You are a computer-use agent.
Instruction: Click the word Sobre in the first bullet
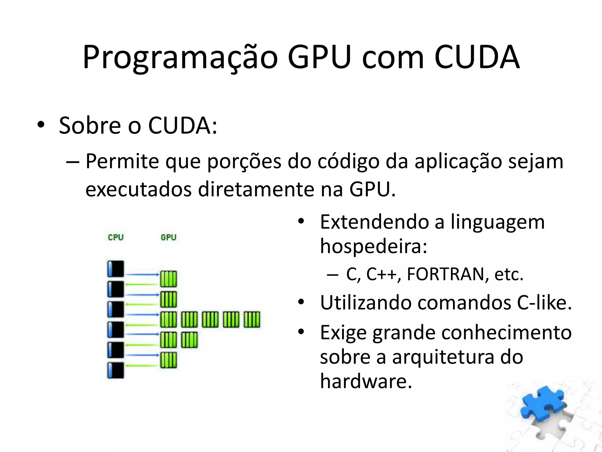(x=90, y=126)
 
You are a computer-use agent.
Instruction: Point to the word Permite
(x=122, y=162)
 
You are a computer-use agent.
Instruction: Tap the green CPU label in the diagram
(x=116, y=237)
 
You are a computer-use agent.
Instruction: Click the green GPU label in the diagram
(x=168, y=237)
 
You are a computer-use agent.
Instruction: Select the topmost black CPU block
(x=116, y=269)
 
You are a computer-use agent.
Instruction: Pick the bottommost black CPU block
(x=116, y=370)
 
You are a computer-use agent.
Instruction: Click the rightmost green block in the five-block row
(x=252, y=320)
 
